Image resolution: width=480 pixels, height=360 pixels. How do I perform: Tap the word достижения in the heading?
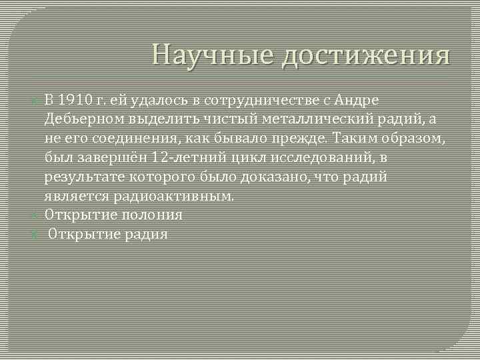(365, 57)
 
